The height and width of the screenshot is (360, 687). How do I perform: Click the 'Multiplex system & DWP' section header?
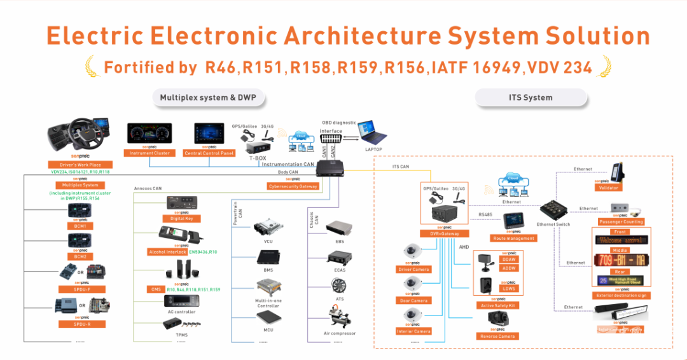(208, 97)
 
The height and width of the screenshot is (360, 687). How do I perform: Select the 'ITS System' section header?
(531, 97)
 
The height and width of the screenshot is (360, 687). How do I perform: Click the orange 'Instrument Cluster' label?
(150, 153)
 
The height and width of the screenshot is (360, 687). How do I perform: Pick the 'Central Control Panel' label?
(209, 153)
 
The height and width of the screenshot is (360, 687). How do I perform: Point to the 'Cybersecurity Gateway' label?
(293, 186)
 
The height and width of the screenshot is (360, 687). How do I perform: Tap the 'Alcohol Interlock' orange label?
(167, 252)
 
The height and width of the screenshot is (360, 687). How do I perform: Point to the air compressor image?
(338, 316)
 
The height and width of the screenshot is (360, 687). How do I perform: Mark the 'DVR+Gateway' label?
(440, 234)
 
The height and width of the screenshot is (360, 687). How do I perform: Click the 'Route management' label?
(513, 238)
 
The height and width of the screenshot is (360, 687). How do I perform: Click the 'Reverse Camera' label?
(497, 336)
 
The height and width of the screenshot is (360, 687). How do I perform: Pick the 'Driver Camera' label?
(413, 269)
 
